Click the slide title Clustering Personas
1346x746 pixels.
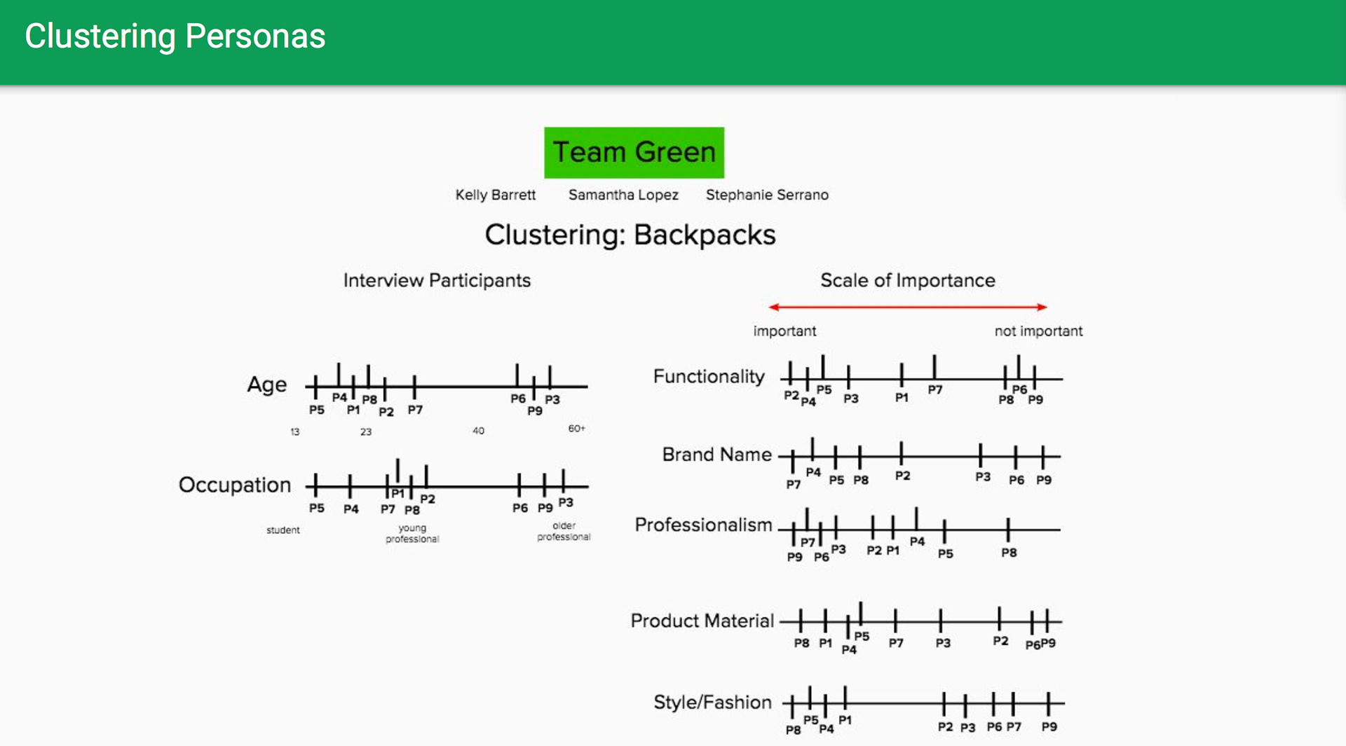(x=175, y=36)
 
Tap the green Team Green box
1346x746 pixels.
(x=634, y=152)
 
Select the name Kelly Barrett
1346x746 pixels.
(x=495, y=195)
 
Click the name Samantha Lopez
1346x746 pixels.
(x=623, y=195)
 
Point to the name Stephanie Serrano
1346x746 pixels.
(x=767, y=195)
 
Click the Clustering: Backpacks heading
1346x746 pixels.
(x=630, y=235)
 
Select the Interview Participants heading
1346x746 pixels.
(x=437, y=280)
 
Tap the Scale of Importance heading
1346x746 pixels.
(x=907, y=280)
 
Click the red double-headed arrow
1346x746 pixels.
(x=907, y=307)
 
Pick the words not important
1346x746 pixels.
(x=1038, y=331)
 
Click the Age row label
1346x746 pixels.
(x=266, y=384)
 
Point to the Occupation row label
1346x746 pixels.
(x=234, y=485)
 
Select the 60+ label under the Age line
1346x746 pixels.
(x=576, y=428)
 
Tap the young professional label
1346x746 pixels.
(x=412, y=533)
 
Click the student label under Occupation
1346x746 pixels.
(x=283, y=530)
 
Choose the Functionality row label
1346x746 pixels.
(x=708, y=377)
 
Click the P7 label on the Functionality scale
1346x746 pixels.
(x=935, y=389)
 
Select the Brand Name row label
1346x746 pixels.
(x=716, y=455)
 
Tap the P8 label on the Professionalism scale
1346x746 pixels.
(x=1009, y=553)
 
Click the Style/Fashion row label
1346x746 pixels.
(x=712, y=702)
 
